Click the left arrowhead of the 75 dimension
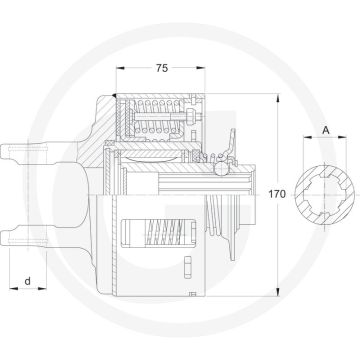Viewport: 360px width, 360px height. pos(121,69)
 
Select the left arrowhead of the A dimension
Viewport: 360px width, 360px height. pos(311,146)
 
